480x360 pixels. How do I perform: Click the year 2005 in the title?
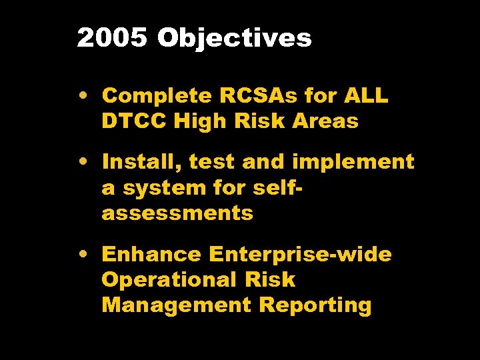click(x=112, y=39)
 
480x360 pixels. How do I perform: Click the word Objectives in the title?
click(x=235, y=39)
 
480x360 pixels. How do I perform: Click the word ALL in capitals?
click(x=365, y=96)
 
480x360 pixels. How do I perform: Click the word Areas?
click(x=326, y=121)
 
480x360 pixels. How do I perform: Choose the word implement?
click(x=353, y=162)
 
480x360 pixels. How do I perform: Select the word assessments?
click(x=177, y=213)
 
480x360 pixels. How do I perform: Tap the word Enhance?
click(x=151, y=255)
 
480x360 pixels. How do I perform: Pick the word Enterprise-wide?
click(x=300, y=255)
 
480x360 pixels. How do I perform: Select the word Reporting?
click(x=315, y=305)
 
